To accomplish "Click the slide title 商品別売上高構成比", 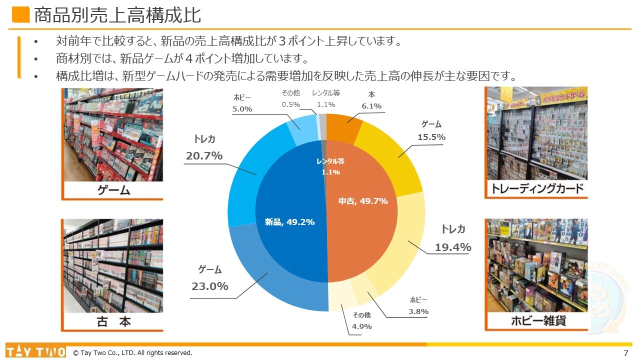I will click(117, 15).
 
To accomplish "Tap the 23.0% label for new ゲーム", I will click(210, 286).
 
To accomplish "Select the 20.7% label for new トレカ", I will click(204, 156).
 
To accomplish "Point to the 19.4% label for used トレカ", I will click(453, 247).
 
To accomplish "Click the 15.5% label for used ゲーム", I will click(431, 137).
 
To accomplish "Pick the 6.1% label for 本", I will click(371, 106).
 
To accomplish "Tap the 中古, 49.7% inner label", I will click(363, 201).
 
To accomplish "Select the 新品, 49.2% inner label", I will click(289, 222).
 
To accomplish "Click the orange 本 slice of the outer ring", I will click(344, 127).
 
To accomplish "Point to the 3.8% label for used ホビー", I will click(418, 311).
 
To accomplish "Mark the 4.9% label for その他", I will click(362, 326).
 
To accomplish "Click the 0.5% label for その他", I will click(290, 104).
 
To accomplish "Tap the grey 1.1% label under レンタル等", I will click(326, 104).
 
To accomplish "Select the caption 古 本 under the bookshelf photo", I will click(113, 321).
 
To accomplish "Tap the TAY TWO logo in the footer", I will click(35, 352).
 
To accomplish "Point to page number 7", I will click(626, 353).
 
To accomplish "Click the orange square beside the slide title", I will click(21, 15).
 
